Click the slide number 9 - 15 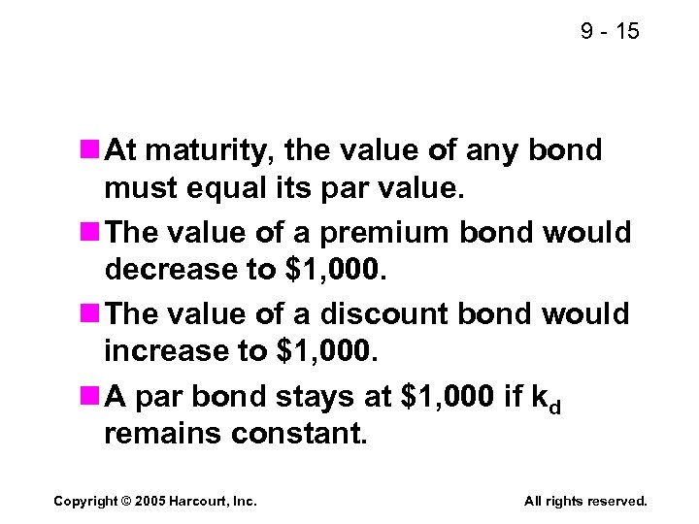click(610, 32)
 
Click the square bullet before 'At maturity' click(91, 150)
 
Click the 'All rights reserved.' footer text click(585, 501)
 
